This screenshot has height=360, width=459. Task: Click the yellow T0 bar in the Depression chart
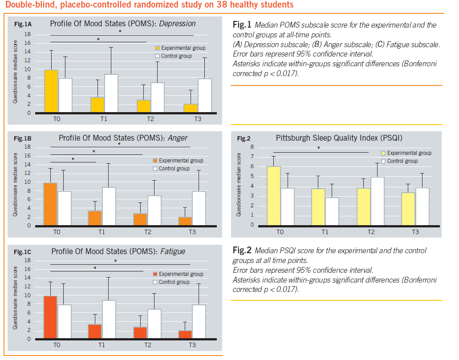coord(52,91)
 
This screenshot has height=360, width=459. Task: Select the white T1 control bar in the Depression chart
coord(111,93)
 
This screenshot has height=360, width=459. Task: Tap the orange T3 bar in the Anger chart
coord(185,221)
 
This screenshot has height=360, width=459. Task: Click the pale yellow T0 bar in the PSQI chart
coord(274,196)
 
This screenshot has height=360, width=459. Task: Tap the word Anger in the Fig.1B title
coord(177,138)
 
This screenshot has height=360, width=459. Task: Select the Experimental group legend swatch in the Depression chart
coord(157,48)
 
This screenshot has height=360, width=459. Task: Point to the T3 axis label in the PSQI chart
coord(415,232)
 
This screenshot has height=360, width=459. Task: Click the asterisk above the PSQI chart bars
coord(318,149)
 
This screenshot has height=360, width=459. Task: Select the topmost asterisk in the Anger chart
coord(119,144)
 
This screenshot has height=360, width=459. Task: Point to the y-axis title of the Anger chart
coord(15,185)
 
